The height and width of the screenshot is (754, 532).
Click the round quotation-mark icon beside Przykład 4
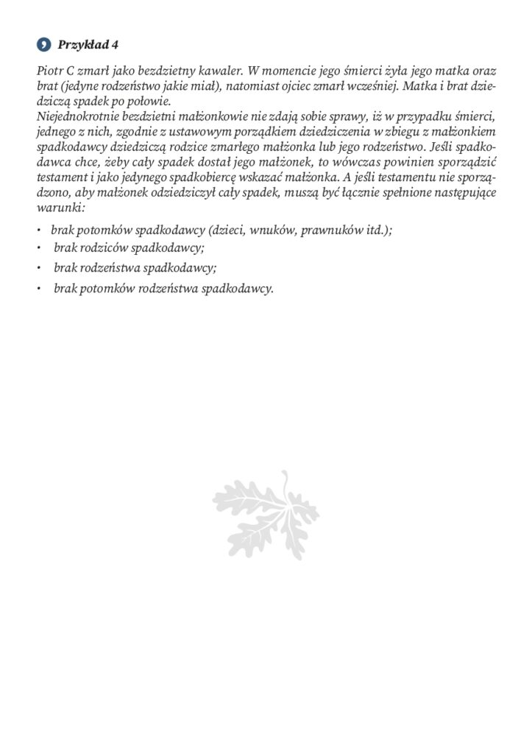coord(43,45)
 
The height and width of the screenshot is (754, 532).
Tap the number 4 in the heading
coord(115,45)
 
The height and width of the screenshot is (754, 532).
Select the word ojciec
coord(324,87)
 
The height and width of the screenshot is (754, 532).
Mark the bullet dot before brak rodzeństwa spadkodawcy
coord(38,269)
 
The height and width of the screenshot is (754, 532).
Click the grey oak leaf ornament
coord(266,518)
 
